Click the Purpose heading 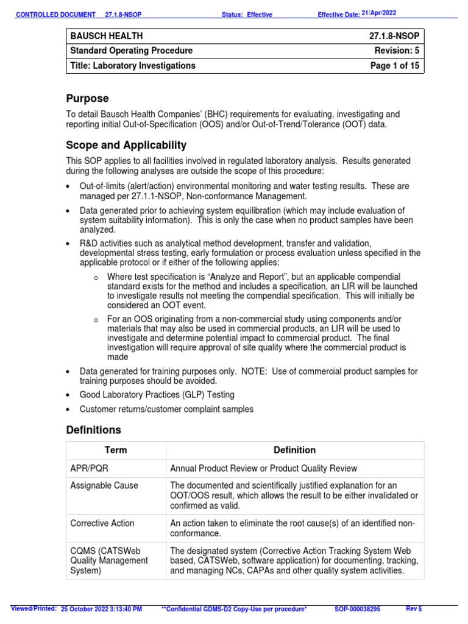[x=87, y=99]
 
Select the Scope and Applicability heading [x=126, y=145]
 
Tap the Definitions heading [x=93, y=430]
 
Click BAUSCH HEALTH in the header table [x=107, y=37]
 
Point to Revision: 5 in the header [x=397, y=51]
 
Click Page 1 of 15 [x=395, y=66]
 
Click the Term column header [x=115, y=450]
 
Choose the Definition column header [x=294, y=450]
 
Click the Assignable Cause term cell [x=104, y=486]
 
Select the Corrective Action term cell [x=102, y=523]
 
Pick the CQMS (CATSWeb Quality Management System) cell [x=109, y=560]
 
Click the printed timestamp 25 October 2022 [x=102, y=609]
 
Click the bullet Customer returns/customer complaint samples [x=166, y=409]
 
